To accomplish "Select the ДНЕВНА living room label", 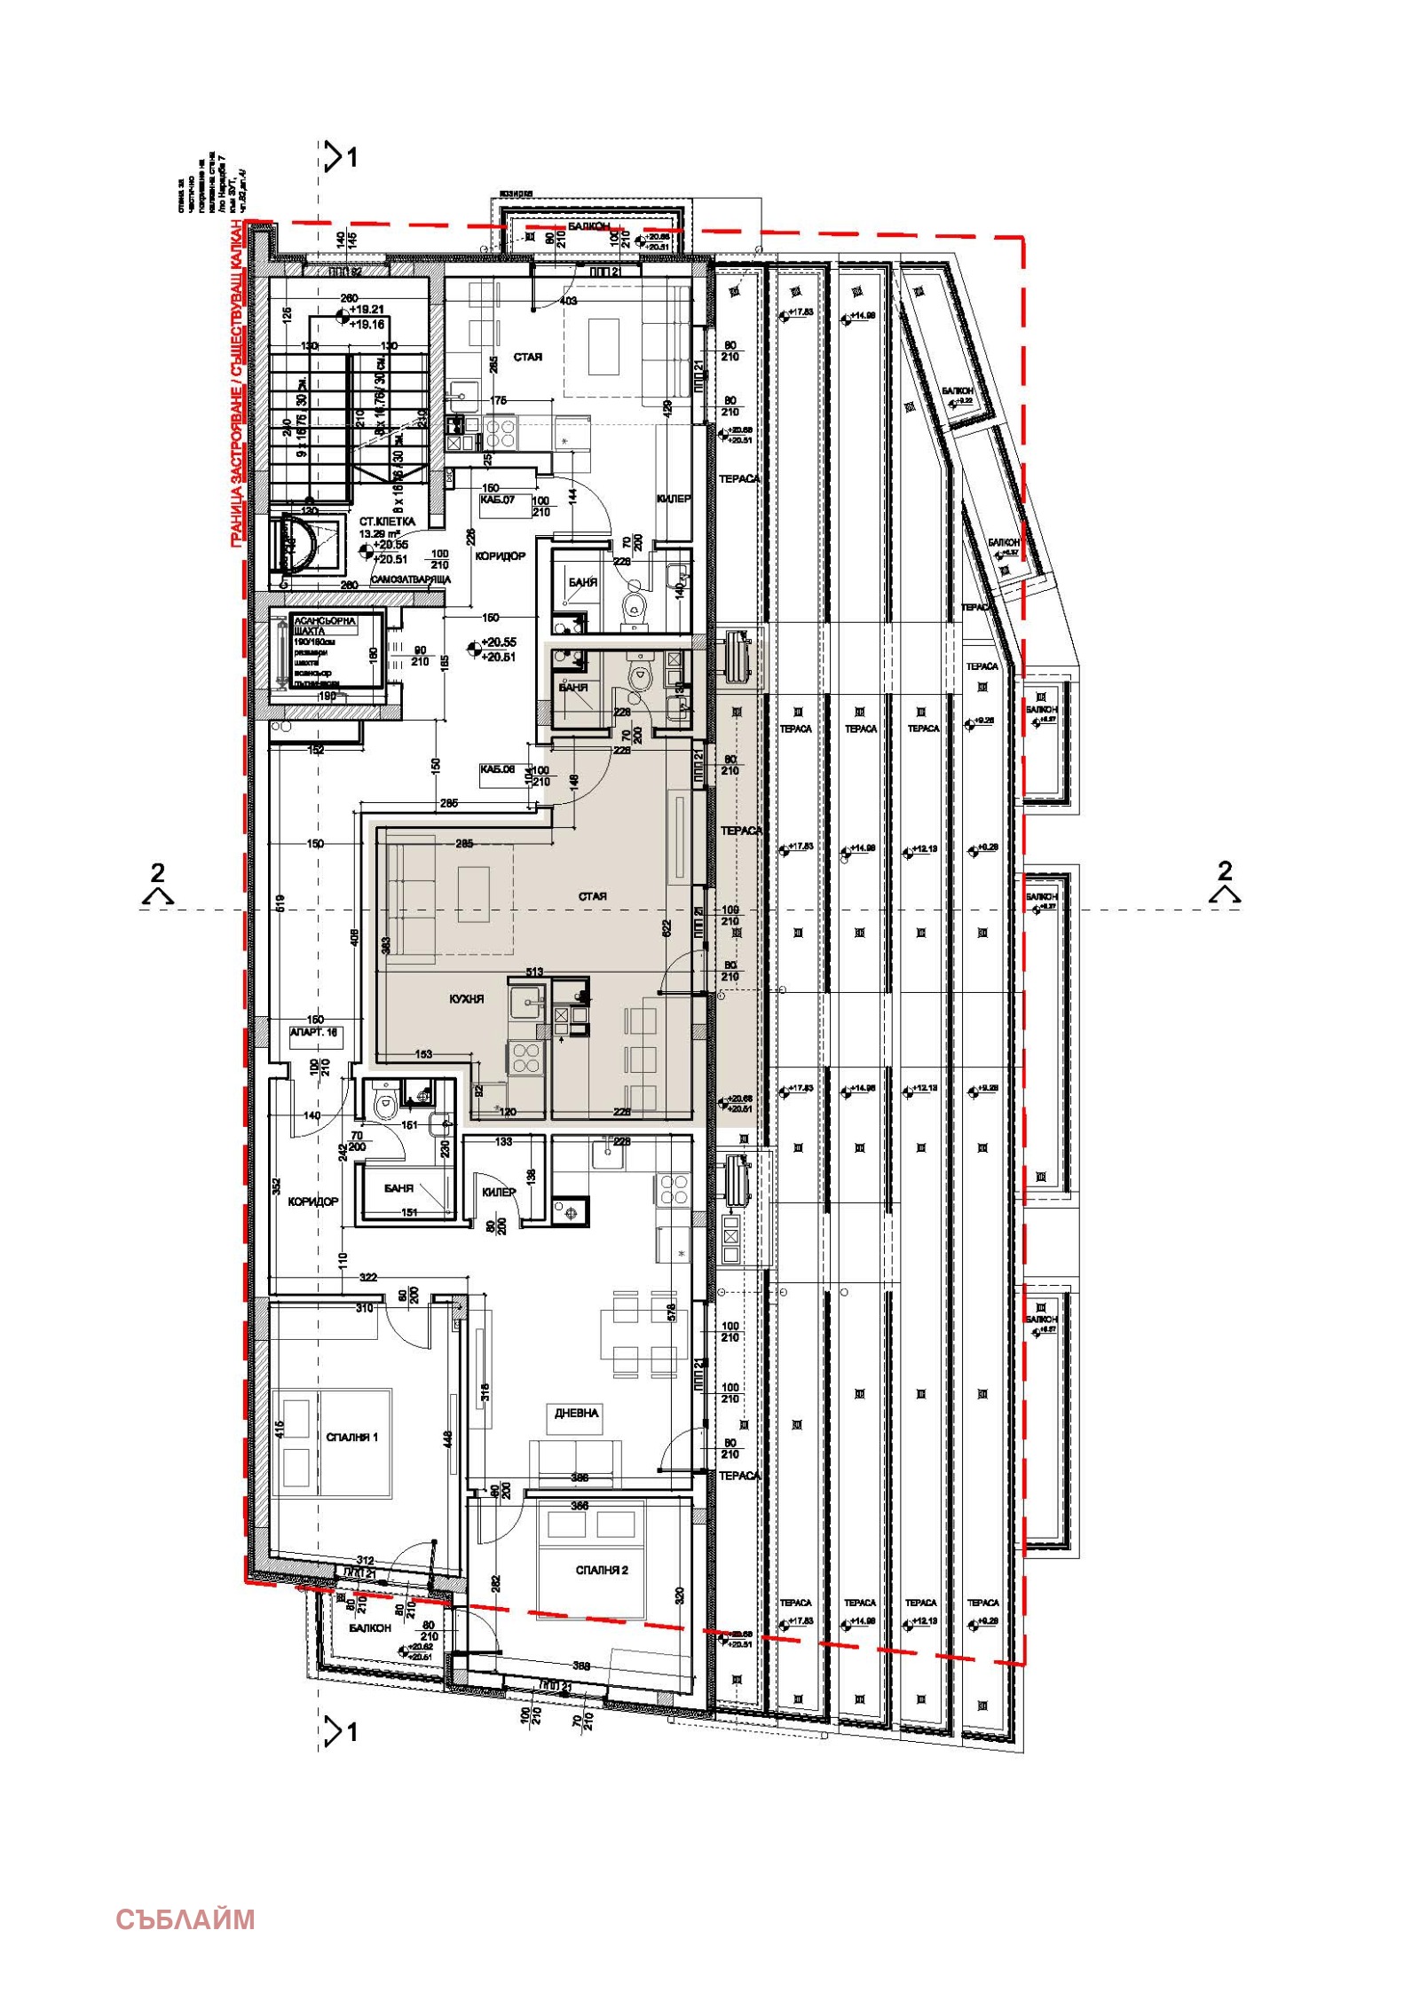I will pyautogui.click(x=577, y=1413).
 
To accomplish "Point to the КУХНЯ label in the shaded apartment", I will pyautogui.click(x=467, y=999).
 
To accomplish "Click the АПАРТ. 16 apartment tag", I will pyautogui.click(x=313, y=1033).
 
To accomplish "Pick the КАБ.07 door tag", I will pyautogui.click(x=497, y=500).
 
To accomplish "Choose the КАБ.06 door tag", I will pyautogui.click(x=497, y=769).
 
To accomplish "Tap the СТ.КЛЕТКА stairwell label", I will pyautogui.click(x=387, y=523).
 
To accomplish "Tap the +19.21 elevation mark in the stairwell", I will pyautogui.click(x=366, y=311).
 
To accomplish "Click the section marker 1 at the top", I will pyautogui.click(x=342, y=158).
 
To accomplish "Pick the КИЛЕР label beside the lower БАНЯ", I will pyautogui.click(x=498, y=1192).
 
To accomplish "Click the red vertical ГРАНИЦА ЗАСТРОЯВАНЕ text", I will pyautogui.click(x=237, y=382).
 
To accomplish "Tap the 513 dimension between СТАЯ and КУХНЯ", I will pyautogui.click(x=534, y=972).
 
